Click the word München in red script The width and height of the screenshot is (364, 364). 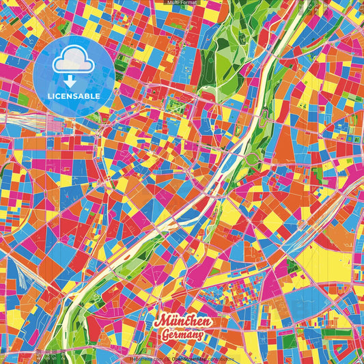click(x=181, y=322)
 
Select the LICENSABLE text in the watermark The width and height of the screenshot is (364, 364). click(x=74, y=96)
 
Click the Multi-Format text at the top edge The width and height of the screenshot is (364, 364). click(x=182, y=3)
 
